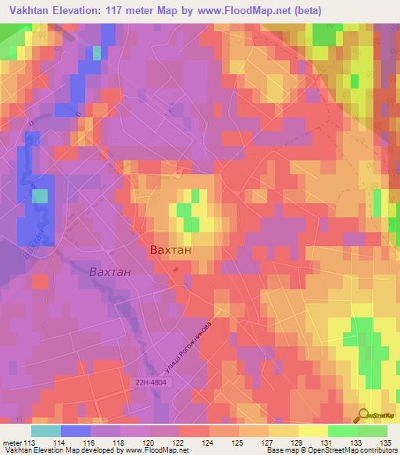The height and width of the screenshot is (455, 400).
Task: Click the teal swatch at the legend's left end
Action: tap(45, 431)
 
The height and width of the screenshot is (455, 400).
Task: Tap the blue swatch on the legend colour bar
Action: tap(75, 431)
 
